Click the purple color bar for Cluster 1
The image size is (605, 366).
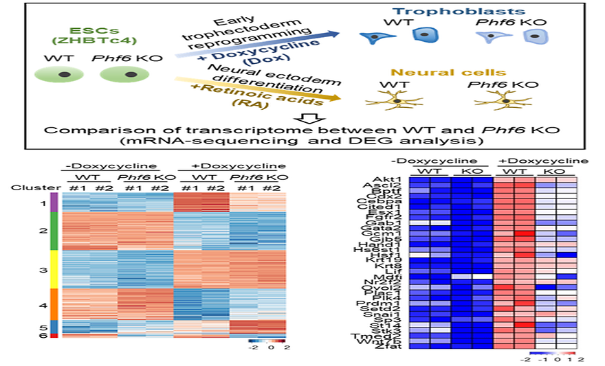click(54, 204)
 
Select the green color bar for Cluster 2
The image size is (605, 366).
click(54, 231)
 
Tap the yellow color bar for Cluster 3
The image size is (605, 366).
click(54, 270)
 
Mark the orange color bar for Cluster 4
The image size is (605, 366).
click(54, 304)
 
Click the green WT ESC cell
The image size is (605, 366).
click(63, 74)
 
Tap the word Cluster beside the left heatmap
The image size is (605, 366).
click(27, 187)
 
